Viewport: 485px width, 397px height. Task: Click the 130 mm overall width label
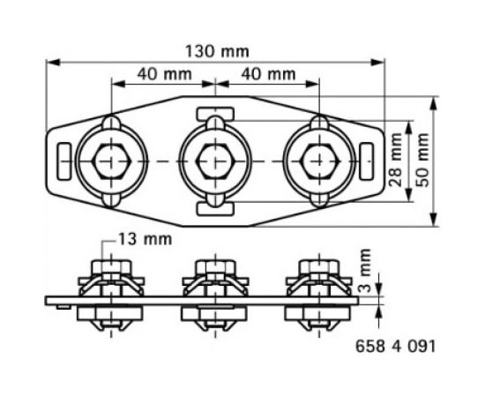click(x=216, y=50)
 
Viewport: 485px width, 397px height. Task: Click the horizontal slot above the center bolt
click(x=214, y=113)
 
